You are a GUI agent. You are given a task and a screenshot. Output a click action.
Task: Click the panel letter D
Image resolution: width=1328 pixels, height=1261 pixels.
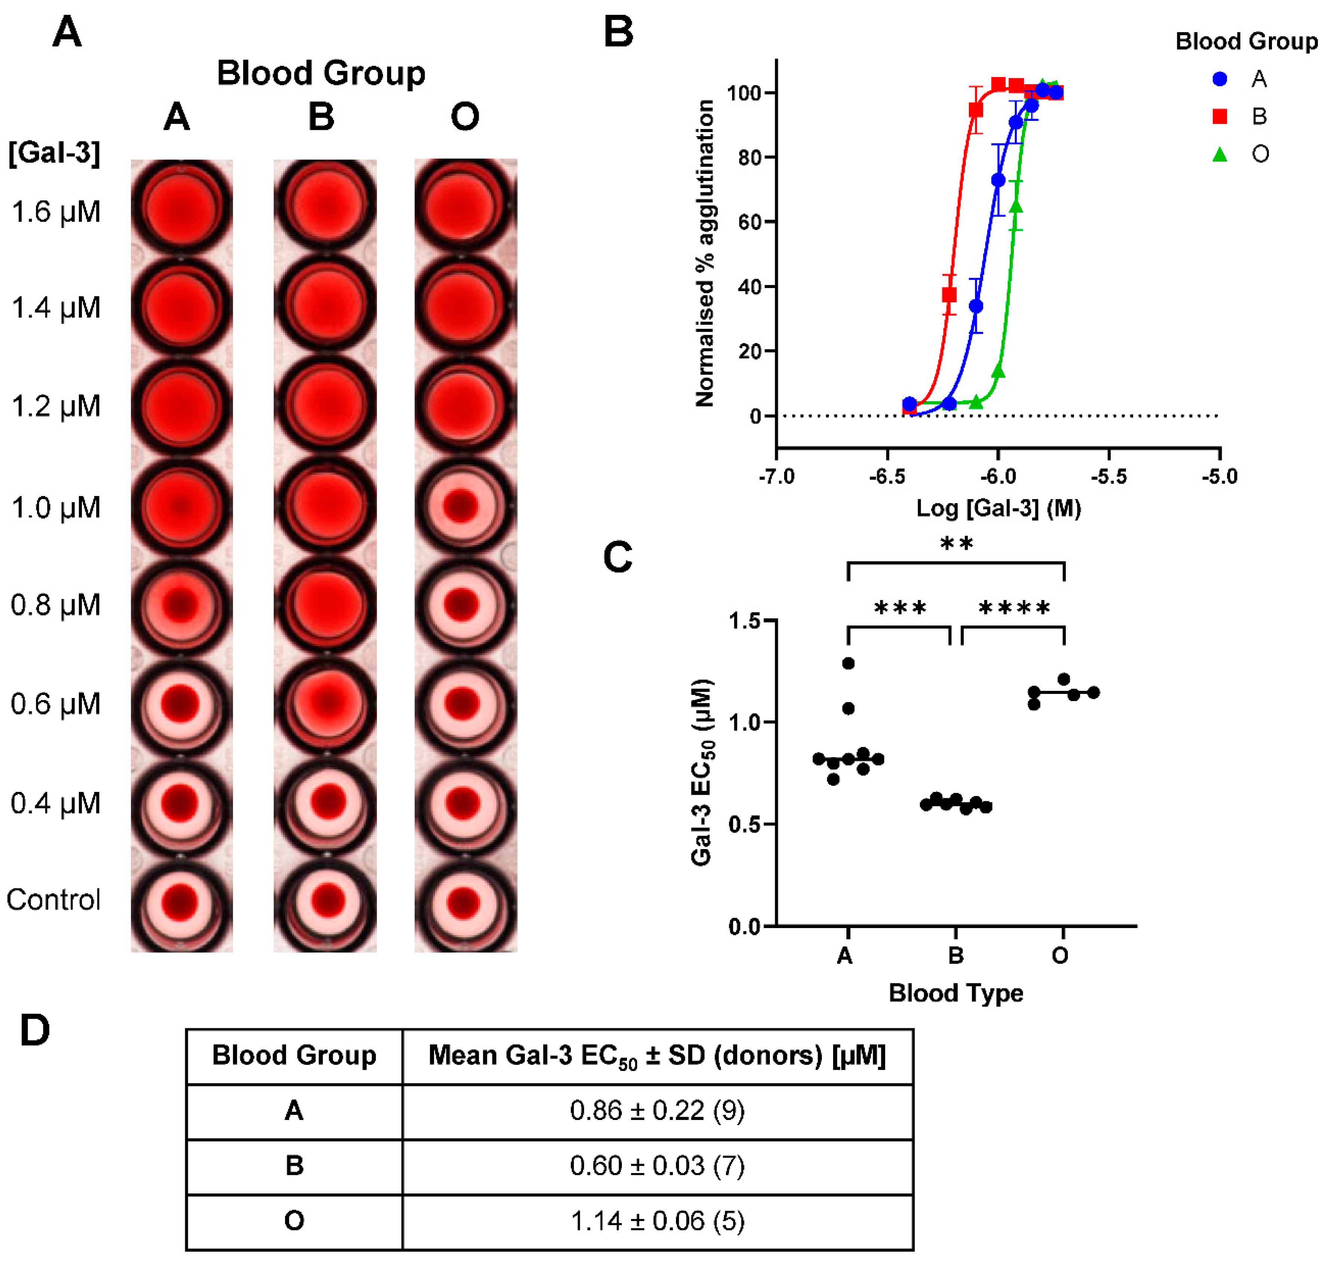(x=34, y=1031)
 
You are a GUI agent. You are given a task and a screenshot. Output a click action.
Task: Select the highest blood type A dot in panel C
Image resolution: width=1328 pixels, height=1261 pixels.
(x=848, y=664)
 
